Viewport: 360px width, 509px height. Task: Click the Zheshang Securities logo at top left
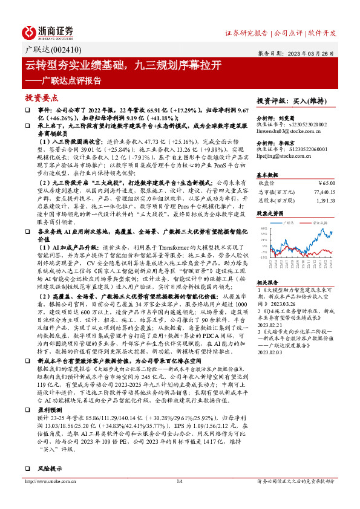coord(48,32)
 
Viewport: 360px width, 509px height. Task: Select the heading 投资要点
coord(41,97)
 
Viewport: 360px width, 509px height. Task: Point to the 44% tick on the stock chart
coord(264,227)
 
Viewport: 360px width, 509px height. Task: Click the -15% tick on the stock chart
coord(264,257)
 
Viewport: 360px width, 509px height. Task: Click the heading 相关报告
coord(267,282)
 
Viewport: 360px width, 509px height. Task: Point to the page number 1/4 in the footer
coord(179,498)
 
